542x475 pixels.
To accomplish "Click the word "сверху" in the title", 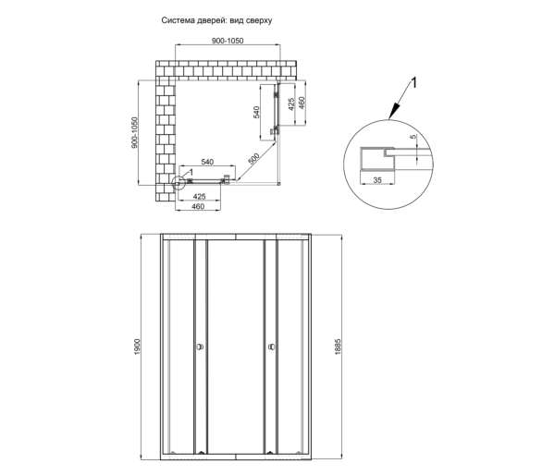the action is tap(260, 20).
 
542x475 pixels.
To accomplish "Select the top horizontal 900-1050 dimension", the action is tap(228, 41).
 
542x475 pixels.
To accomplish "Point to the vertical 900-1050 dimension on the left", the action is tap(134, 133).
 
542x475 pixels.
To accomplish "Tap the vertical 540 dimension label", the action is tap(256, 112).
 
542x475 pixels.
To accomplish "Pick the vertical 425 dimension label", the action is tap(291, 104).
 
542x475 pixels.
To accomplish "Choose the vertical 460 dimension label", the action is tap(302, 103).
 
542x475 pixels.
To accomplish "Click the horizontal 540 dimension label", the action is tap(207, 162).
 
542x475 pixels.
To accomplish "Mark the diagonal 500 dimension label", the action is tap(253, 159).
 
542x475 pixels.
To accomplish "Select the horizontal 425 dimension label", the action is tap(200, 197).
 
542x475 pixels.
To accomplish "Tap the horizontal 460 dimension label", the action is tap(198, 207).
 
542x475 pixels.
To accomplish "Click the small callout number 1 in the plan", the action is tap(191, 172).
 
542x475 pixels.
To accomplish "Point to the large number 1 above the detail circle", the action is tap(413, 83).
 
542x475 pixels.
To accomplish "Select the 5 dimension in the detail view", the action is tap(413, 137).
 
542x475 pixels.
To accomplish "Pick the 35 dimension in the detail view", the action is tap(377, 180).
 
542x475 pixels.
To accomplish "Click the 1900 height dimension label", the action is tap(137, 347).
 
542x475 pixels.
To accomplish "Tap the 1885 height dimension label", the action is tap(338, 347).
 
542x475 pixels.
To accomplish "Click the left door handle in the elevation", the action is tap(200, 347).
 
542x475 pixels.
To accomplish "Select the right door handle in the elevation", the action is tap(271, 347).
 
